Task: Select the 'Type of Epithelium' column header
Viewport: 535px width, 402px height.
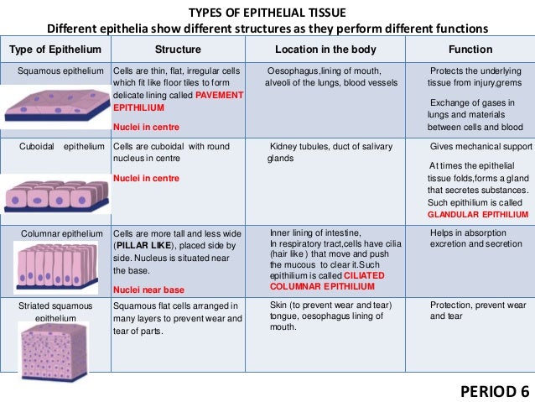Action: pyautogui.click(x=55, y=50)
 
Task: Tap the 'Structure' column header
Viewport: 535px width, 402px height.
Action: pyautogui.click(x=178, y=50)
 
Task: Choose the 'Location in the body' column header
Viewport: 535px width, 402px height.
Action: pyautogui.click(x=325, y=50)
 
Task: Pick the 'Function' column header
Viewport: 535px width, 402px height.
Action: pyautogui.click(x=470, y=50)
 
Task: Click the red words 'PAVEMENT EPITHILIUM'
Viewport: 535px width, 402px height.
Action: pyautogui.click(x=179, y=102)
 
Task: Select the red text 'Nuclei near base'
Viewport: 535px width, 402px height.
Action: pyautogui.click(x=148, y=290)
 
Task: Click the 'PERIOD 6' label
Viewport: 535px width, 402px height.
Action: pyautogui.click(x=496, y=391)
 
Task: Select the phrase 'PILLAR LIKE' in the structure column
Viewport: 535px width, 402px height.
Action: pyautogui.click(x=147, y=244)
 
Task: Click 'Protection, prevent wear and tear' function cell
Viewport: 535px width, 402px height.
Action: pyautogui.click(x=476, y=311)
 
